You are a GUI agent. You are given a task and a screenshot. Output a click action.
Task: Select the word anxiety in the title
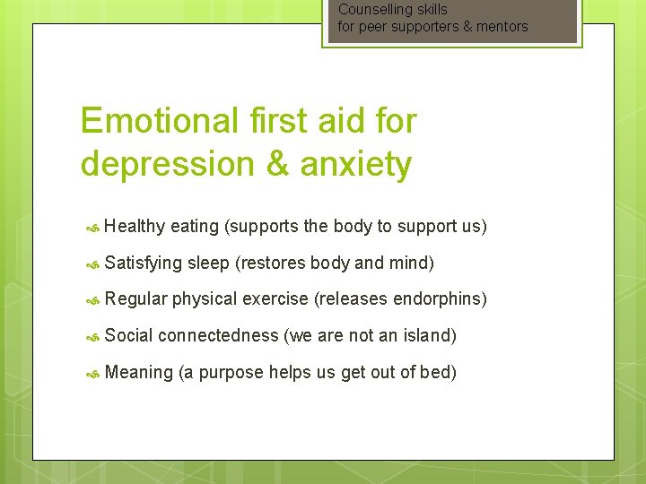click(x=356, y=165)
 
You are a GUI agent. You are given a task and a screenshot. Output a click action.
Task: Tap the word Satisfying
click(x=143, y=264)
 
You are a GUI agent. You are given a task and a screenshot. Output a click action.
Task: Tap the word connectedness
click(x=218, y=336)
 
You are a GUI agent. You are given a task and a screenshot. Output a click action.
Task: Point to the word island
click(x=428, y=336)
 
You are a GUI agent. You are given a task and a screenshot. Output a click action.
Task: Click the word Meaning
click(x=138, y=373)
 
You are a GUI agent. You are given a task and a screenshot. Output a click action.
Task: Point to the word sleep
click(x=208, y=264)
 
